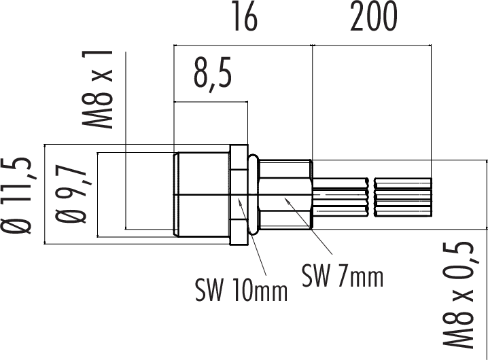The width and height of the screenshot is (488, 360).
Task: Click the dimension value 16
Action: click(245, 18)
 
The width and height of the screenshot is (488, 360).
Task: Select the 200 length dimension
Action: click(374, 17)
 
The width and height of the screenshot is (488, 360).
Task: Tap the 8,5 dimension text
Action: click(213, 75)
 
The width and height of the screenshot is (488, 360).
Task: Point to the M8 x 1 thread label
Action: click(97, 89)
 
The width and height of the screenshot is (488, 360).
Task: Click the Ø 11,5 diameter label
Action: click(16, 196)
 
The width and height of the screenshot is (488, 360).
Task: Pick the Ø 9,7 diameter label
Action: click(71, 193)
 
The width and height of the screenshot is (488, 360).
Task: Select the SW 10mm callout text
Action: click(241, 290)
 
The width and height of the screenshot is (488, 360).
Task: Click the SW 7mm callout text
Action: click(343, 276)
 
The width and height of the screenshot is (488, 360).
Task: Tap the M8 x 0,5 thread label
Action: click(458, 294)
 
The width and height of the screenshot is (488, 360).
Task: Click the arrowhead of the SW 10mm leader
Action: click(240, 201)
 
